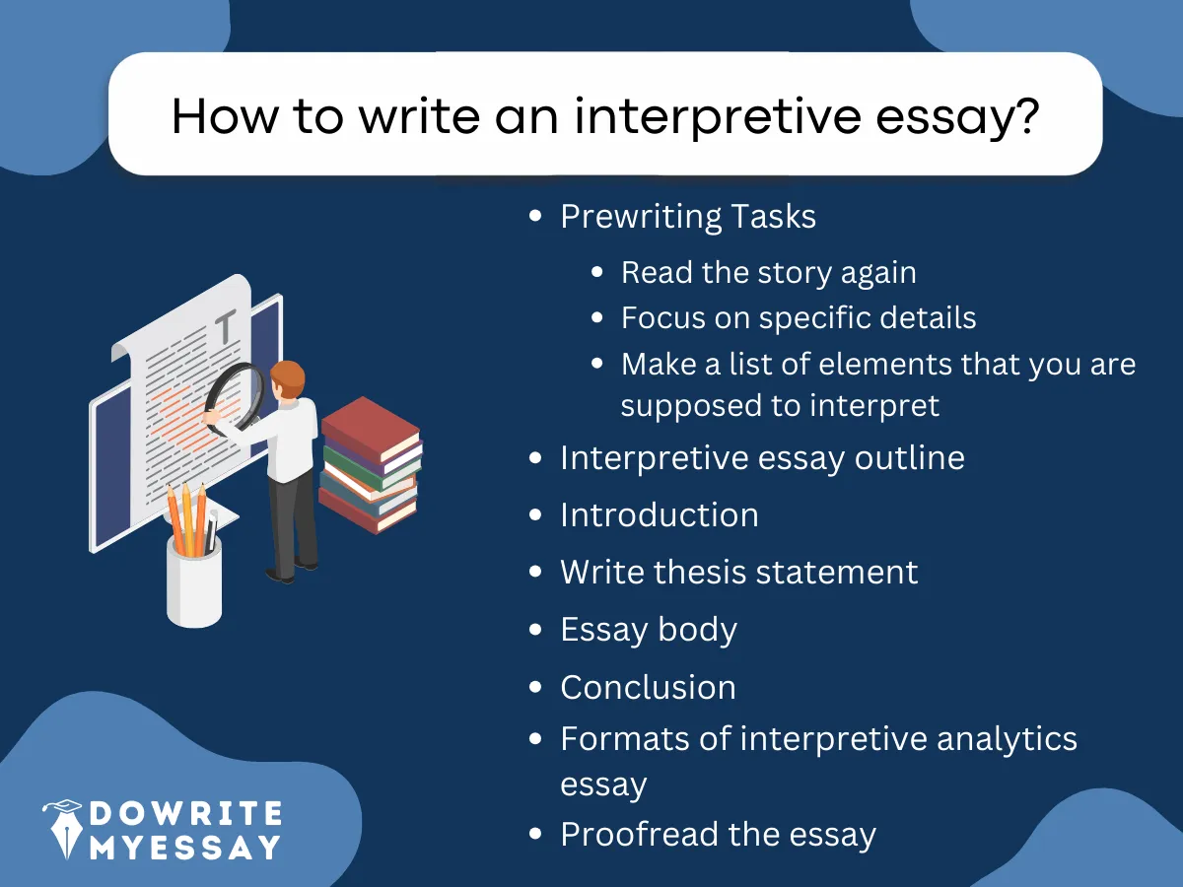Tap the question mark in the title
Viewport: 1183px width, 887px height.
pyautogui.click(x=1025, y=116)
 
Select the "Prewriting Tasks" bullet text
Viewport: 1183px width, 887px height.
pyautogui.click(x=688, y=217)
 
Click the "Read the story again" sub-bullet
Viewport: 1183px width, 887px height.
pyautogui.click(x=768, y=272)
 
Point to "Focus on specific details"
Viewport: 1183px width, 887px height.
pyautogui.click(x=799, y=318)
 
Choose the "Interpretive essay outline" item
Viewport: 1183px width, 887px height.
pyautogui.click(x=762, y=458)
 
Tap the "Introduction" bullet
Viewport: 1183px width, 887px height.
pyautogui.click(x=659, y=515)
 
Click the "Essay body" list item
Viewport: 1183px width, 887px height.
pyautogui.click(x=649, y=630)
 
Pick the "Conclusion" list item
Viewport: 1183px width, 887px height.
pyautogui.click(x=648, y=687)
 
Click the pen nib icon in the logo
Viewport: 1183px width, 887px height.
pyautogui.click(x=62, y=828)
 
